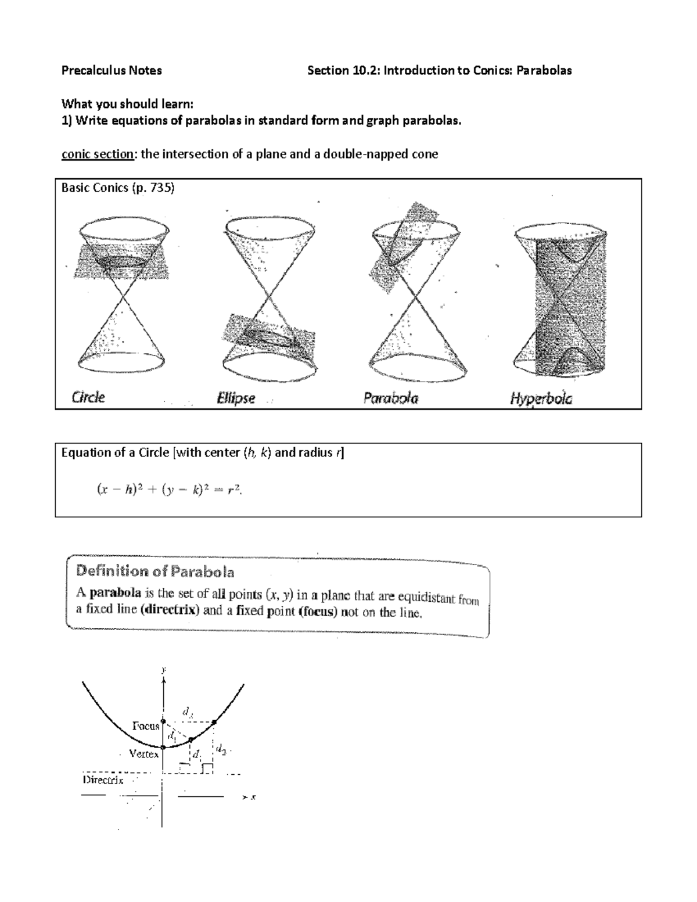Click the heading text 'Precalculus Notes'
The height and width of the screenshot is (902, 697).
point(112,70)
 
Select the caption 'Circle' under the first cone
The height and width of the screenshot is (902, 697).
point(88,398)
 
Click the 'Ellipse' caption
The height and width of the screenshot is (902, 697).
point(236,399)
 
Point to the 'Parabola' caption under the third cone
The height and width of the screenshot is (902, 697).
point(390,398)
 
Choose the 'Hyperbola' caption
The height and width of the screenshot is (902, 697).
point(541,399)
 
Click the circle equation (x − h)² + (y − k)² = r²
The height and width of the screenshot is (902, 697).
point(169,490)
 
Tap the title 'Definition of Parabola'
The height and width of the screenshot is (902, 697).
point(155,572)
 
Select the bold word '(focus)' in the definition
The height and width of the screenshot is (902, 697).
point(317,612)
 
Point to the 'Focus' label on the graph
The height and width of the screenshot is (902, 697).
point(145,725)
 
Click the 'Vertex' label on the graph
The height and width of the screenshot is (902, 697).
point(143,754)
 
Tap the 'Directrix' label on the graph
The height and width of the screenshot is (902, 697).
point(103,780)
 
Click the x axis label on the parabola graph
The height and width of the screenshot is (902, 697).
point(253,797)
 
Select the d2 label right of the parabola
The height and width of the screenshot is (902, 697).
point(221,749)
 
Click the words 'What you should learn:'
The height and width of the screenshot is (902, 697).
point(127,104)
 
